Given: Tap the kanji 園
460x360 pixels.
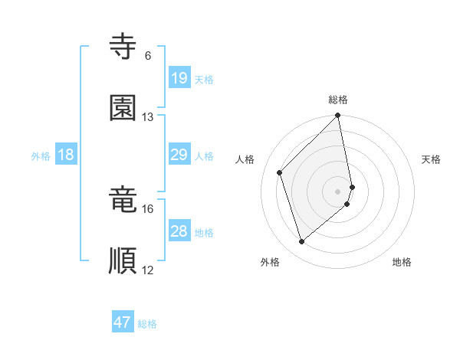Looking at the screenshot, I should pos(123,108).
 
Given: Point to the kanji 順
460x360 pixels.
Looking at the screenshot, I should pos(123,261).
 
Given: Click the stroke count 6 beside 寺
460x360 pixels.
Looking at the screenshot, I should pos(148,56).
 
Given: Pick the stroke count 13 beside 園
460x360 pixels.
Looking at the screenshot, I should pos(148,117).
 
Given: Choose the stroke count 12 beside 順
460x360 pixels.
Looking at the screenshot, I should pos(148,270).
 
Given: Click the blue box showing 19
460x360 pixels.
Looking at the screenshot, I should pos(179,78).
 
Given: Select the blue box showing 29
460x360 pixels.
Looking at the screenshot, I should pos(179,155).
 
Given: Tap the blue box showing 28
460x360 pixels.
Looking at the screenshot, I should pos(179,231).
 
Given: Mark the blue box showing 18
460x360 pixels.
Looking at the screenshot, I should pos(66,155).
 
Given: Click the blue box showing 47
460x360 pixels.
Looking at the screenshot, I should pos(123,322).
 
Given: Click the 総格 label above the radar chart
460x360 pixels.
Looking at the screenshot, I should pos(338,100).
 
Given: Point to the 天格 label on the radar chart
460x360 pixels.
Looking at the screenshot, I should pos(432,159).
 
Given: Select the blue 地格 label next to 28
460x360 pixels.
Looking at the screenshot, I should pos(204,232).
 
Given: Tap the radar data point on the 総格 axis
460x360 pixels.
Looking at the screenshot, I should pos(338,116).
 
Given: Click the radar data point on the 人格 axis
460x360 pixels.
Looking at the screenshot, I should pos(280,172).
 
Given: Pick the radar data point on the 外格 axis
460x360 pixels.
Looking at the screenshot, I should pos(302,242).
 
